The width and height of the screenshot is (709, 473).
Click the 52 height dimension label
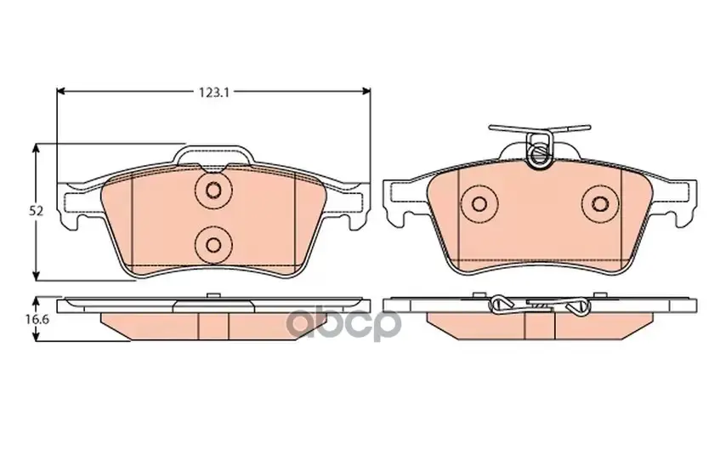37,210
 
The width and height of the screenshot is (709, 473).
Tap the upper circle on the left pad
213,190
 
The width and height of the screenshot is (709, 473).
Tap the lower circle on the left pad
213,244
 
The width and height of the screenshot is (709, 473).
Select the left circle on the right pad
479,203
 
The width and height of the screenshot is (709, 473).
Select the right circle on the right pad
600,203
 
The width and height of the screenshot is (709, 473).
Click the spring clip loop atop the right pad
540,151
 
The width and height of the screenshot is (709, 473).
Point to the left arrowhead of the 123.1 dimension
61,91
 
